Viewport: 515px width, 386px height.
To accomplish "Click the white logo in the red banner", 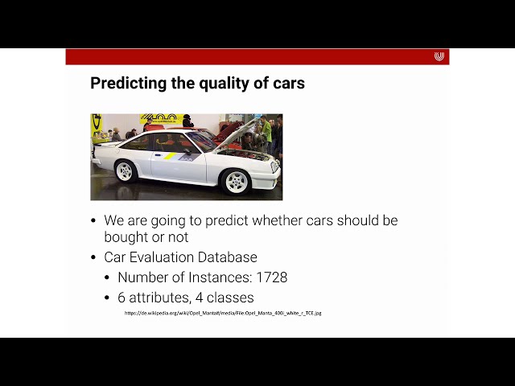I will (439, 56).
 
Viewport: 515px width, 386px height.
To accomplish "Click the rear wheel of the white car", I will (126, 170).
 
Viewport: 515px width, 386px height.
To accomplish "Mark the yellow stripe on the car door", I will (170, 156).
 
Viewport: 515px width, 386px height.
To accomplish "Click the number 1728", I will (271, 277).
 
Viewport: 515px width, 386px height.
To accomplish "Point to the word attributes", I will (160, 298).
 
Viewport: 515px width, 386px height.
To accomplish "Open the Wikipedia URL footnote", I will (223, 313).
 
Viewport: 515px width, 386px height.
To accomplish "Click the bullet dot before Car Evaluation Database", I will (93, 258).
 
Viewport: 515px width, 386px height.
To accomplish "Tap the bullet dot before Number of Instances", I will (108, 278).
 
